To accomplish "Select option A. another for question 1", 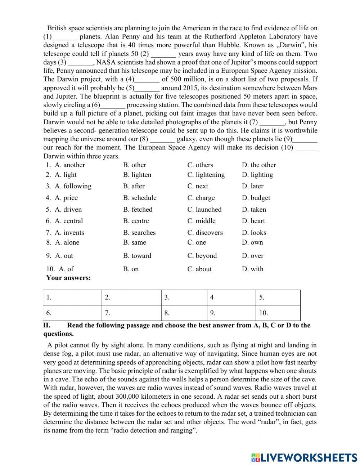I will click(70, 165).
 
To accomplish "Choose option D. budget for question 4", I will click(256, 198).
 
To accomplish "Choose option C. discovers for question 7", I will click(205, 233).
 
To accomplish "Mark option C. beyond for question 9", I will click(202, 256).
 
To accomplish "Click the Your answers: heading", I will click(68, 278).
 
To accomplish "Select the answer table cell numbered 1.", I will click(72, 298).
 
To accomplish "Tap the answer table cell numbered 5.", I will click(278, 298).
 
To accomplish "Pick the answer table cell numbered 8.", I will click(184, 313).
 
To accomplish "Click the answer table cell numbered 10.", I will click(278, 313).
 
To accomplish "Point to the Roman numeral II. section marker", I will click(47, 325).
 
